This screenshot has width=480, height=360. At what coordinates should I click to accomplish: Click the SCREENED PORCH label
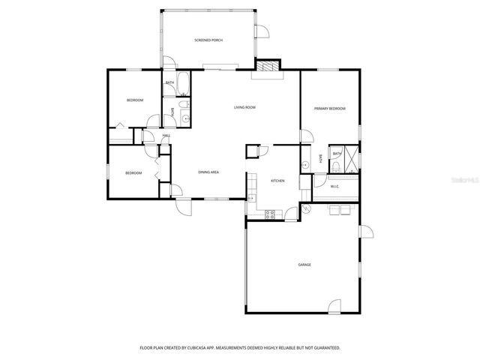tap(208, 40)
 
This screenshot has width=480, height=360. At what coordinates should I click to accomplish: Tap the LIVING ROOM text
tap(244, 108)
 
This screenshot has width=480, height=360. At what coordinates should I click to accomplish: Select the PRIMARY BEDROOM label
tap(330, 109)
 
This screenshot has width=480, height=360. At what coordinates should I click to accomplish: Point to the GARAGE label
tap(304, 265)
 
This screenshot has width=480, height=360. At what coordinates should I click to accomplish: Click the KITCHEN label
tap(277, 181)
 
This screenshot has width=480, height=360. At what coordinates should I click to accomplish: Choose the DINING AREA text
tap(208, 172)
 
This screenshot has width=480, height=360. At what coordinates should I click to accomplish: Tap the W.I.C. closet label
tap(335, 186)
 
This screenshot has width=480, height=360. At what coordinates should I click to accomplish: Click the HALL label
tap(166, 136)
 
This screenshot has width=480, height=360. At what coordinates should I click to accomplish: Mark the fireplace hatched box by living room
tap(266, 67)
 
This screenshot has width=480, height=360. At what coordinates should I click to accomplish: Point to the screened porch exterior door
tap(262, 31)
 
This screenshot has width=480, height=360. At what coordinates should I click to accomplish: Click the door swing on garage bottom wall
tap(336, 306)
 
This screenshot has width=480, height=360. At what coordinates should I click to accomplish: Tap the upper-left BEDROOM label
tap(134, 100)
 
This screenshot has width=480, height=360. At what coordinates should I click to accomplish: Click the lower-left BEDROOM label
tap(133, 173)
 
